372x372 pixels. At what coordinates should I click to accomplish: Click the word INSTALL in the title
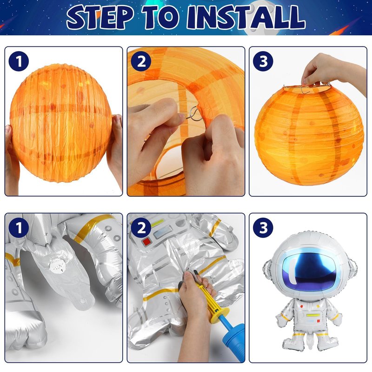tap(246, 17)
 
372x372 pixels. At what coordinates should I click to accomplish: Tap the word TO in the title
tap(160, 17)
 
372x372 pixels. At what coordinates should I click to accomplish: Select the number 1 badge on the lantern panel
tap(19, 61)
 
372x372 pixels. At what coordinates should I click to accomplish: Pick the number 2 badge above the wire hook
tap(141, 61)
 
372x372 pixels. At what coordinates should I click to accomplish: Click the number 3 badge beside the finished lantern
tap(263, 61)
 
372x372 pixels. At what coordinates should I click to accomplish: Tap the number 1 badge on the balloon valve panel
tap(19, 228)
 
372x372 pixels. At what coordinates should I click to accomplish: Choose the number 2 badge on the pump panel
tap(141, 228)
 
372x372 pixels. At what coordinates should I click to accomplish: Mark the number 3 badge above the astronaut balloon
tap(263, 228)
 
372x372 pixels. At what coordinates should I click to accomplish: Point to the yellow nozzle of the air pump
tap(212, 301)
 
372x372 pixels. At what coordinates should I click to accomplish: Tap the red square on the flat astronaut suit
tap(146, 242)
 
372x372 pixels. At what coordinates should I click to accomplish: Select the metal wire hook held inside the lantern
tap(194, 114)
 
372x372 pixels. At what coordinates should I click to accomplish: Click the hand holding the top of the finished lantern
tap(332, 71)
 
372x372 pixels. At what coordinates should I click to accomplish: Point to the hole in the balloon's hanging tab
tap(83, 301)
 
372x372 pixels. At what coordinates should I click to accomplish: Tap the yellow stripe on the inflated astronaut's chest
tap(313, 315)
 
